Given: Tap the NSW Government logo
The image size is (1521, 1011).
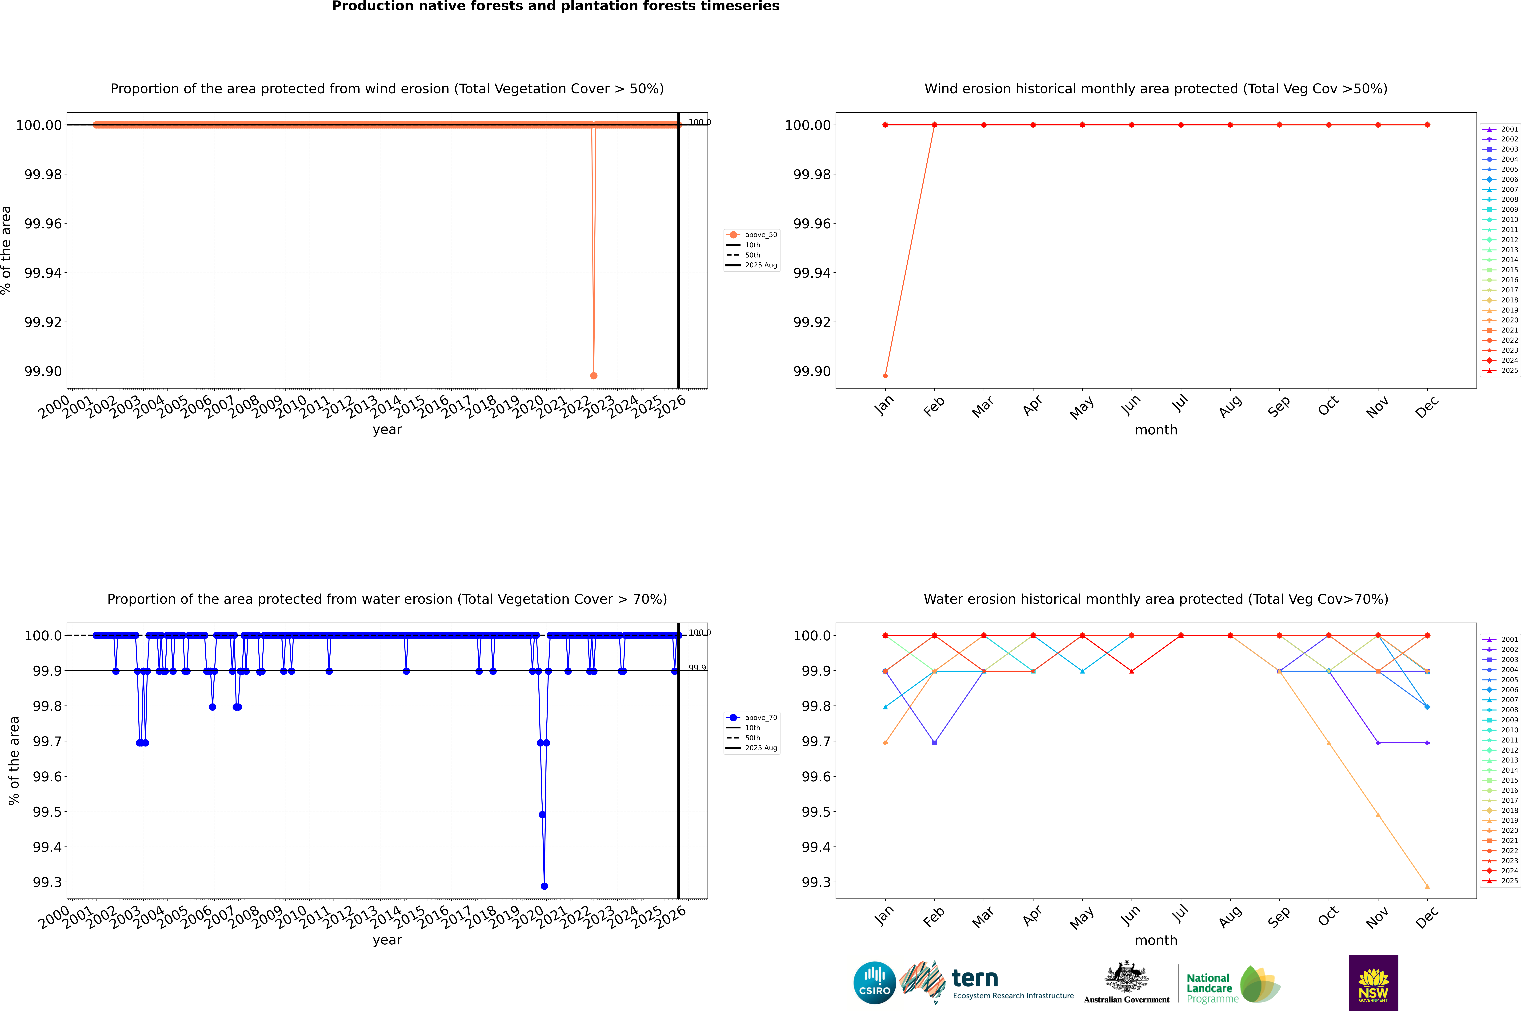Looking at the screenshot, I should (x=1373, y=983).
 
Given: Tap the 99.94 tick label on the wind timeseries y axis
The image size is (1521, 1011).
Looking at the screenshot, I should (x=43, y=273).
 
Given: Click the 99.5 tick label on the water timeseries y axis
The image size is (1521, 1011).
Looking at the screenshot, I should (x=48, y=812).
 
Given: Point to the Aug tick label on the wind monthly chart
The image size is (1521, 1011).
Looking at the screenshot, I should (x=1230, y=406).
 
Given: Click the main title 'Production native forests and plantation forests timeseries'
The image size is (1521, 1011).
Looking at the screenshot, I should (x=555, y=6).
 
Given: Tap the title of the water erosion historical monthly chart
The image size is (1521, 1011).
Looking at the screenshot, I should (x=1155, y=599).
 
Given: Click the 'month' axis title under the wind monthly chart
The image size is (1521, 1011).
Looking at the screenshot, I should (x=1155, y=430).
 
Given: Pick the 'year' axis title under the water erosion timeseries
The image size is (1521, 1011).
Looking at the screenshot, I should (x=387, y=940).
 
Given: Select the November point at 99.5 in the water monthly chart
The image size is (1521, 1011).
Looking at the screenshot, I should (x=1378, y=815).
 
